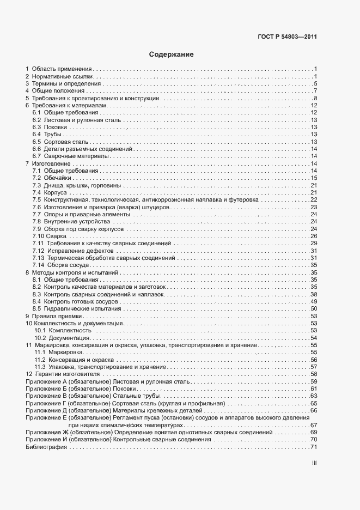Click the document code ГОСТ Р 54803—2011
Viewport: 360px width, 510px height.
(x=287, y=38)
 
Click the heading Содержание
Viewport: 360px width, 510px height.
(x=171, y=54)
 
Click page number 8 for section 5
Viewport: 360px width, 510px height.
(x=315, y=99)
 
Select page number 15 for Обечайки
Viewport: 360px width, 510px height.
(x=314, y=178)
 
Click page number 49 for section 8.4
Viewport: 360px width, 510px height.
(x=314, y=301)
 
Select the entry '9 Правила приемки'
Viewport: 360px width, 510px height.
(x=54, y=316)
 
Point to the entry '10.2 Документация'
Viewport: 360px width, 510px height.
(x=62, y=338)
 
